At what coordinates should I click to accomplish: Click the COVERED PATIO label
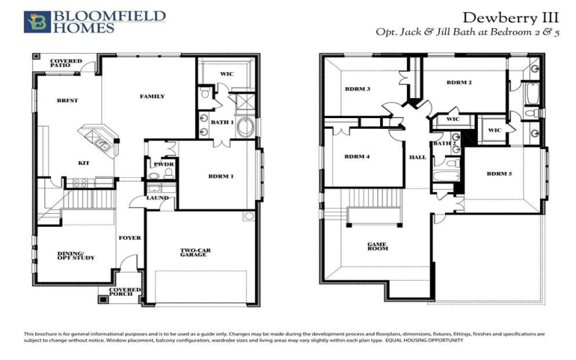(x=66, y=64)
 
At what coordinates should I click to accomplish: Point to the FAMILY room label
(x=152, y=96)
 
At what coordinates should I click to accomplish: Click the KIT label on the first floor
(x=84, y=163)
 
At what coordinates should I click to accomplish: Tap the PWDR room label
(x=160, y=164)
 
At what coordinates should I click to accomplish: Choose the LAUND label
(x=157, y=197)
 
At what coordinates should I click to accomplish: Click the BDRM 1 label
(x=221, y=176)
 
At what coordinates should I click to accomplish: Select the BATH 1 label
(x=220, y=122)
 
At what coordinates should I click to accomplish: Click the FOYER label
(x=130, y=238)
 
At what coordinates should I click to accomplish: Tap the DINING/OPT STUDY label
(x=76, y=256)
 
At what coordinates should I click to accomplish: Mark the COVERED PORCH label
(x=125, y=294)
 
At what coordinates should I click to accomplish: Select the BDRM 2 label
(x=459, y=83)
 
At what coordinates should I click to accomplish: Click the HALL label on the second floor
(x=418, y=157)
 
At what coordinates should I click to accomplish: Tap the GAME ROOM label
(x=379, y=246)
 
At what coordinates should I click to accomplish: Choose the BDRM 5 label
(x=499, y=174)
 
